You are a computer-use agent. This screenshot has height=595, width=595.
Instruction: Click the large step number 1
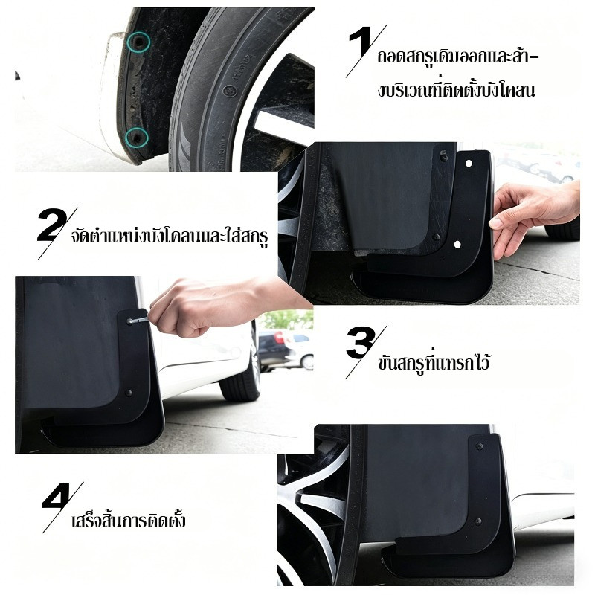tap(360, 45)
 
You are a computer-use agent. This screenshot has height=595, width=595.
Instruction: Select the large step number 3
tap(360, 344)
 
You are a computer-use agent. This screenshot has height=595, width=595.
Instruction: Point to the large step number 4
tap(57, 496)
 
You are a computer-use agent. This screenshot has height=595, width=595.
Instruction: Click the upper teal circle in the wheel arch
tap(138, 42)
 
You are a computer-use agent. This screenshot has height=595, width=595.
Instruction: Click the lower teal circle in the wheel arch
tap(137, 137)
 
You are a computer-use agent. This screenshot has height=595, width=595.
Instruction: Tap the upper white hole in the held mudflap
tap(469, 164)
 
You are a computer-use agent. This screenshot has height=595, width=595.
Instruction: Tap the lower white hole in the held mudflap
tap(457, 244)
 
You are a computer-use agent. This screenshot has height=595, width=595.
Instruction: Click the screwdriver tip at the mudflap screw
tap(131, 321)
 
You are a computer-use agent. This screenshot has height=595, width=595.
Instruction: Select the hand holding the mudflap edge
tap(531, 216)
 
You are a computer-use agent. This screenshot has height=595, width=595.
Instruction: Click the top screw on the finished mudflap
tap(480, 446)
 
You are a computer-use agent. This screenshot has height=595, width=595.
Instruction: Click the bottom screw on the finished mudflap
tap(478, 521)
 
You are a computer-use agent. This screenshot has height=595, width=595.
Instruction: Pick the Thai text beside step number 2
tap(170, 235)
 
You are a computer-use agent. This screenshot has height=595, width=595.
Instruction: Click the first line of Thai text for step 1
tap(458, 57)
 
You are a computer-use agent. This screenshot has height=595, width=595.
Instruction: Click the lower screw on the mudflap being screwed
tap(129, 393)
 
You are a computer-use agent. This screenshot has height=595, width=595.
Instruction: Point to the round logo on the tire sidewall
tap(230, 90)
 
